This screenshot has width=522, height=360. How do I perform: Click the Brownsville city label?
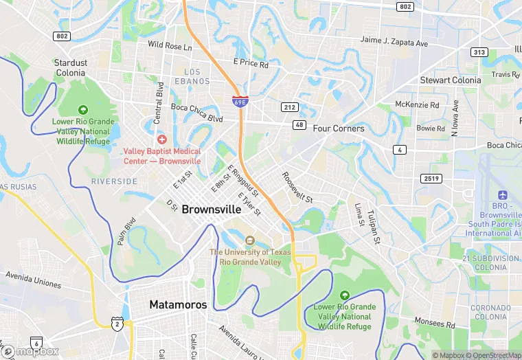pyautogui.click(x=212, y=210)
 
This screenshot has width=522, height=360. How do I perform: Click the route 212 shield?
pyautogui.click(x=289, y=106)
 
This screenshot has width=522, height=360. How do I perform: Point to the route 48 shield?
pyautogui.click(x=299, y=124)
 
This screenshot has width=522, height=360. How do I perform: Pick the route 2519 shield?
pyautogui.click(x=431, y=178)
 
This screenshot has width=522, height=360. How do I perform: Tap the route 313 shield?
pyautogui.click(x=479, y=52)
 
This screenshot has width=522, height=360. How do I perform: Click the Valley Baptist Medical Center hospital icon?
pyautogui.click(x=162, y=139)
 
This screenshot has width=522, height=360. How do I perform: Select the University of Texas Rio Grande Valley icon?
pyautogui.click(x=249, y=240)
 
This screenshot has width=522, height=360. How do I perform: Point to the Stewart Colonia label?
pyautogui.click(x=451, y=80)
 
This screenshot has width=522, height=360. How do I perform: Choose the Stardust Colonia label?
pyautogui.click(x=71, y=67)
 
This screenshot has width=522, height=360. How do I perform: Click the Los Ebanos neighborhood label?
pyautogui.click(x=196, y=76)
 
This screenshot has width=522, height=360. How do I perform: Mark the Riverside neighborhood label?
pyautogui.click(x=114, y=181)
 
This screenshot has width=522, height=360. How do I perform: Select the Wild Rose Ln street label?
pyautogui.click(x=170, y=45)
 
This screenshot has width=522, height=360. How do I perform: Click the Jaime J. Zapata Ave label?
pyautogui.click(x=394, y=41)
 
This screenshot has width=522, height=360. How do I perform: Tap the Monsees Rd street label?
pyautogui.click(x=435, y=322)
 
